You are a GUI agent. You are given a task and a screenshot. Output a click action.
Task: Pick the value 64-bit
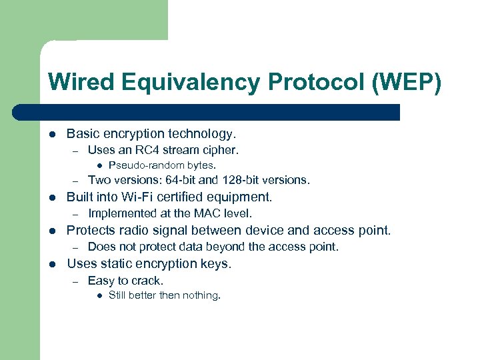[179, 180]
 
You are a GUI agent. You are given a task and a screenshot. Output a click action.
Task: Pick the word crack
[146, 281]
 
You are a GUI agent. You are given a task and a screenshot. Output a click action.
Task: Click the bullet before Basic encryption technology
[52, 135]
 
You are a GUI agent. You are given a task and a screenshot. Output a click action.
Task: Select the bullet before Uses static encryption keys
[52, 264]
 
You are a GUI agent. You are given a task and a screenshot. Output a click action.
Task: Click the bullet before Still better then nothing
[98, 295]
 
